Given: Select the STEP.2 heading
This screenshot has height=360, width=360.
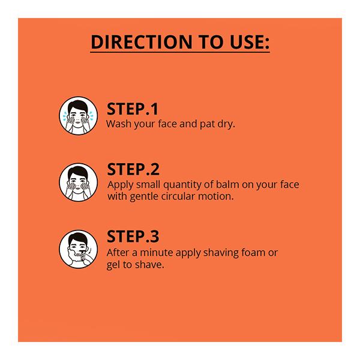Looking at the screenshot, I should point(133,169).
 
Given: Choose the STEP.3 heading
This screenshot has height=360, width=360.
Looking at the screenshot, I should point(133,236).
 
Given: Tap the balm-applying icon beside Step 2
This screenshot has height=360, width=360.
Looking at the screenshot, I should point(78,181).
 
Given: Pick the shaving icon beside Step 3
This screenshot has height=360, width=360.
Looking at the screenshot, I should point(78,248).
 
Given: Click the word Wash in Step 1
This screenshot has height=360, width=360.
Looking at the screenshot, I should point(118,124).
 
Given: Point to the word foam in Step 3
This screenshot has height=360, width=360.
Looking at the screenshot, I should point(253,253).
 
